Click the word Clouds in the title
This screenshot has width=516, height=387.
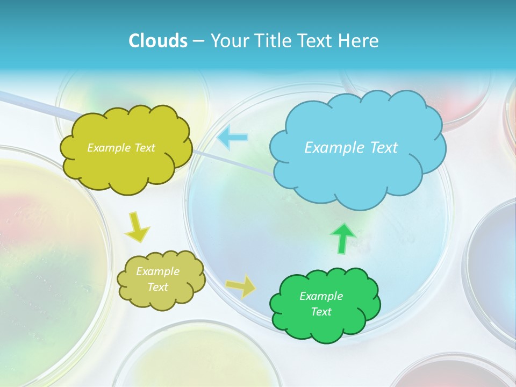point(157,41)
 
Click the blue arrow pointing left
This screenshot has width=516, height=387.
point(233,138)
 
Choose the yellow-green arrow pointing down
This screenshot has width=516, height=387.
point(138,227)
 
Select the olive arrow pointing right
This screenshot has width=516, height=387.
point(241,286)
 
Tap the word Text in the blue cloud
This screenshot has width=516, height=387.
point(382,148)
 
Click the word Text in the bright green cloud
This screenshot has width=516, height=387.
point(321,312)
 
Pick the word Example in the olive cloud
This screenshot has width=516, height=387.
point(157,271)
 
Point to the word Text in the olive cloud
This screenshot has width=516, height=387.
point(157,287)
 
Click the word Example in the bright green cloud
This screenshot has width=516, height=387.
point(321,296)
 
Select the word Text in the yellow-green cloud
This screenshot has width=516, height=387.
point(144,148)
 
